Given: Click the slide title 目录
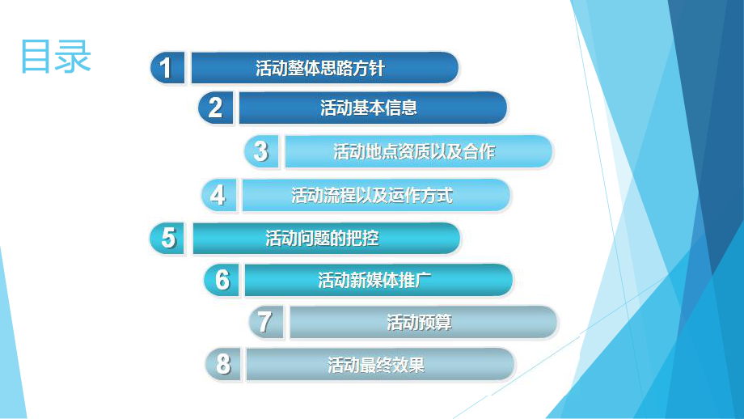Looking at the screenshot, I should [x=56, y=56].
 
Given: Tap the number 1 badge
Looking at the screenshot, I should [x=167, y=68].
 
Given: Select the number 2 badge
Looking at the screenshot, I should [x=215, y=108].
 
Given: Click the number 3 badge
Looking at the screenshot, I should [x=261, y=151].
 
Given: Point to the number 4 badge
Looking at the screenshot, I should [x=218, y=195].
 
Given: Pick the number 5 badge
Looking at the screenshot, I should [x=168, y=239].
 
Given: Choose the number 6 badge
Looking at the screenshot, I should [x=222, y=280].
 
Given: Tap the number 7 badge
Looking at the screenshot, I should [x=264, y=322].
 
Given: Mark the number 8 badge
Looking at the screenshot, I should [x=222, y=365].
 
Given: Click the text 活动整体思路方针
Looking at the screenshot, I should [x=320, y=68].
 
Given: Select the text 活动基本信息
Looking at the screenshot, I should [x=369, y=108].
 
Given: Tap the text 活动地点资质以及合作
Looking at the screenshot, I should [x=414, y=151].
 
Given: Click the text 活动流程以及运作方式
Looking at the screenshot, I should [x=372, y=195].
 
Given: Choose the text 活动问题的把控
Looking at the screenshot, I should [x=322, y=239].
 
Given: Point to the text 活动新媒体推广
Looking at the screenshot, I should [x=374, y=280].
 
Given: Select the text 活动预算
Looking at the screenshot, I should [x=419, y=323].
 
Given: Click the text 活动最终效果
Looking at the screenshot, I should [x=376, y=365].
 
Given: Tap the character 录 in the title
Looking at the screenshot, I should [x=74, y=56].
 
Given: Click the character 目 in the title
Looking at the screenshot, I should [x=36, y=56].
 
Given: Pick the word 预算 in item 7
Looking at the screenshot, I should [x=435, y=323].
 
